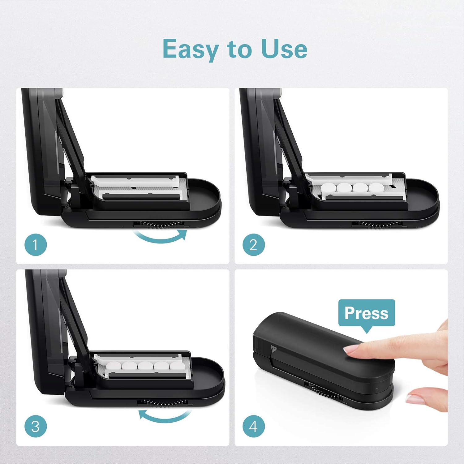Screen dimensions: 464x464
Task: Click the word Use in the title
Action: coord(284,49)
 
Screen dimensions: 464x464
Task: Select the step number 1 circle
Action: coord(36,245)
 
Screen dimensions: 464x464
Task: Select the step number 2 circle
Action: coord(254,245)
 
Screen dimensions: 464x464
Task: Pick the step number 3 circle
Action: coord(36,426)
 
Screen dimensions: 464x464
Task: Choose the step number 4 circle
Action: coord(254,426)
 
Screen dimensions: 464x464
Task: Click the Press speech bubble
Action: coord(367,313)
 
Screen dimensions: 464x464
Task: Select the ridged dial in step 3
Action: coord(162,403)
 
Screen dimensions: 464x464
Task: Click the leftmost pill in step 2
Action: coord(328,188)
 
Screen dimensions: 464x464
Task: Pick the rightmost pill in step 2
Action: coord(376,188)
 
